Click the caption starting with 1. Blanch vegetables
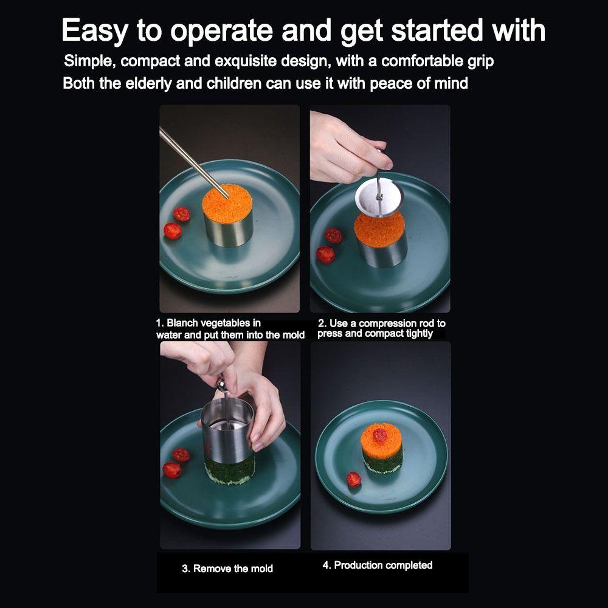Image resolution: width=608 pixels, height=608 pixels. point(230,329)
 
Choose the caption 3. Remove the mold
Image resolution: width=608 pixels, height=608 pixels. point(227,568)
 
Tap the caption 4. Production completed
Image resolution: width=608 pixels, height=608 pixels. point(377,565)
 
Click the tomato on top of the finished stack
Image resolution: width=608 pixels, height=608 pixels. point(380,434)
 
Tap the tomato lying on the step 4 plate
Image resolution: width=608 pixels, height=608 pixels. point(353,480)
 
